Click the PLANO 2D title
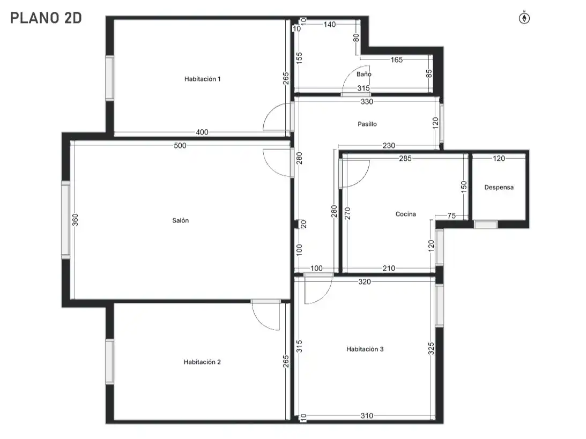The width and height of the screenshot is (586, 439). [x=46, y=18]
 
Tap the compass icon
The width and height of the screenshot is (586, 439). [x=524, y=18]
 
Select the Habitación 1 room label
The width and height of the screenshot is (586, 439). [x=203, y=79]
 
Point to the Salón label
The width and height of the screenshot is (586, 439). [x=181, y=220]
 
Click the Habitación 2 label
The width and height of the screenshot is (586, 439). [x=202, y=362]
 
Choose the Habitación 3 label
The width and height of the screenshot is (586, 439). [x=365, y=349]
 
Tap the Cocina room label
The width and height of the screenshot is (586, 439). [x=405, y=214]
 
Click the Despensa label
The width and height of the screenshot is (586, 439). [x=499, y=187]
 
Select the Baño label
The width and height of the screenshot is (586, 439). [x=364, y=74]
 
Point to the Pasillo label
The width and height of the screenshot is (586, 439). [x=367, y=124]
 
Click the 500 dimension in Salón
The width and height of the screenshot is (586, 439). [x=180, y=145]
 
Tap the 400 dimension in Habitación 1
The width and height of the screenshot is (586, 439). [x=202, y=132]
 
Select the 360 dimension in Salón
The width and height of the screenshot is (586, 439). [x=75, y=220]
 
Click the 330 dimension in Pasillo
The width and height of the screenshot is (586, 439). [x=367, y=102]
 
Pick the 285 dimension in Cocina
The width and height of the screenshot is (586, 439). [x=405, y=159]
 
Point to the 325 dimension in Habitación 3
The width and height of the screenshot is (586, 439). [x=431, y=348]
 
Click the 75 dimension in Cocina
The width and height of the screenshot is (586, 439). [x=451, y=215]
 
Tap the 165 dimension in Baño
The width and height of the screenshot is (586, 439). [x=397, y=60]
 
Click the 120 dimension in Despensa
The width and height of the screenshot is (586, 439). [x=499, y=159]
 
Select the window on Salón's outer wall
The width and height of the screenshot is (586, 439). [x=66, y=220]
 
